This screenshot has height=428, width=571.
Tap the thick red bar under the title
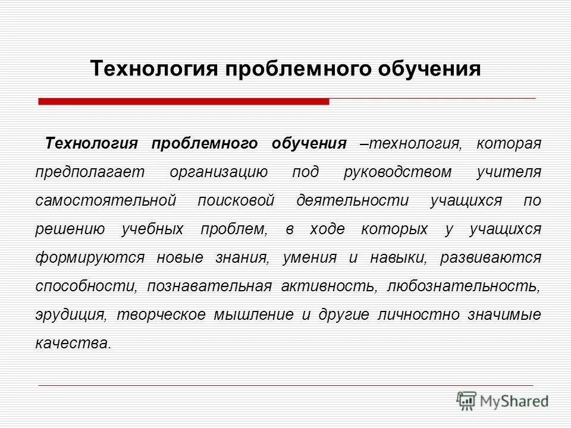coord(184,102)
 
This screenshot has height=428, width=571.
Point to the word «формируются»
coord(90,258)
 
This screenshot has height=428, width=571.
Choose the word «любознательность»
coord(463,287)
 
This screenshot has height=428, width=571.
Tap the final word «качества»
coord(73,344)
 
